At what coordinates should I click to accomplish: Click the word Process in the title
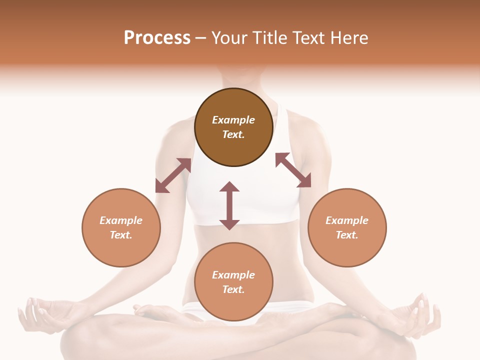[x=157, y=38]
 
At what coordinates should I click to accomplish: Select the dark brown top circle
[x=233, y=127]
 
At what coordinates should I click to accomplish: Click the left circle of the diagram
[x=121, y=227]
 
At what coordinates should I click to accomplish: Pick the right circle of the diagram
[x=347, y=227]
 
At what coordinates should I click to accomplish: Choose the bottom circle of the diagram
[x=233, y=282]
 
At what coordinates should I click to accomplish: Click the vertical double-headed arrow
[x=229, y=205]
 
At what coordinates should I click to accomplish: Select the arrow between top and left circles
[x=173, y=175]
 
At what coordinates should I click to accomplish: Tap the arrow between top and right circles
[x=293, y=170]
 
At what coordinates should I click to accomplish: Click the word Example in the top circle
[x=233, y=120]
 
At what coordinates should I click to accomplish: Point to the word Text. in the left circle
[x=121, y=235]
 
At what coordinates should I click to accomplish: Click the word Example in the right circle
[x=347, y=220]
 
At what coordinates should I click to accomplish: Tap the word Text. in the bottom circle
[x=233, y=289]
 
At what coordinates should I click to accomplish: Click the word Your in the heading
[x=227, y=38]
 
